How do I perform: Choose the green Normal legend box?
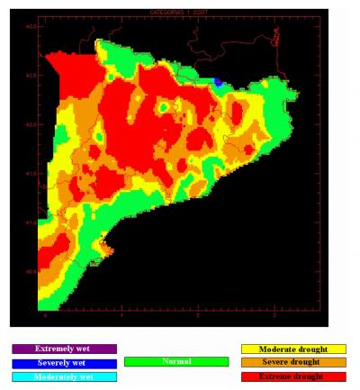[x=175, y=361]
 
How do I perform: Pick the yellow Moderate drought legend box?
[x=293, y=349]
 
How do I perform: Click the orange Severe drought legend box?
[x=293, y=363]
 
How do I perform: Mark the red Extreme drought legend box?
[x=293, y=376]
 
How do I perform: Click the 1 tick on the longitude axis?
[x=121, y=315]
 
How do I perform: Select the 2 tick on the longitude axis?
[x=197, y=315]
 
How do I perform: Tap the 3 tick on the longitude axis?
[x=273, y=315]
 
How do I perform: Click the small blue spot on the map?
[x=218, y=82]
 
